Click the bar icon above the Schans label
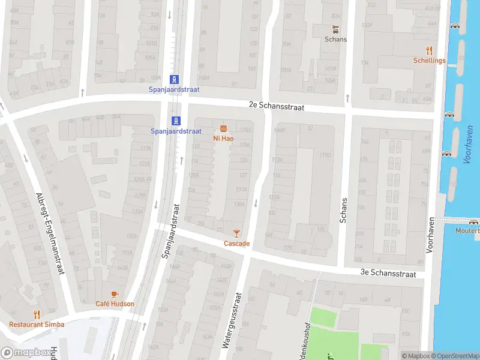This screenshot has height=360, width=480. pyautogui.click(x=336, y=29)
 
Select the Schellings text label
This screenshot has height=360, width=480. pyautogui.click(x=429, y=61)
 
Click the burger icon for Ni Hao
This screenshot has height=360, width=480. pyautogui.click(x=223, y=128)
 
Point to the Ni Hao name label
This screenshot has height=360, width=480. pyautogui.click(x=223, y=138)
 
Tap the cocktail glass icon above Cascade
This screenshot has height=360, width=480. pyautogui.click(x=236, y=233)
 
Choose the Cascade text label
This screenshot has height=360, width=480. pyautogui.click(x=236, y=244)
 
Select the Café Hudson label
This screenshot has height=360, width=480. pyautogui.click(x=115, y=304)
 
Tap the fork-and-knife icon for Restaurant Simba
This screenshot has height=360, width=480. pyautogui.click(x=37, y=314)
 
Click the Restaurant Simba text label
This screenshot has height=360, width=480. pyautogui.click(x=37, y=324)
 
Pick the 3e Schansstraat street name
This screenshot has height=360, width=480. pyautogui.click(x=388, y=273)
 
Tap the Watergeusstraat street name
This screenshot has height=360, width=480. pyautogui.click(x=232, y=320)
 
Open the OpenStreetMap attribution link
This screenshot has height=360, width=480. pyautogui.click(x=458, y=356)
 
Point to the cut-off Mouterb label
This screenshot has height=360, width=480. pyautogui.click(x=468, y=231)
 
